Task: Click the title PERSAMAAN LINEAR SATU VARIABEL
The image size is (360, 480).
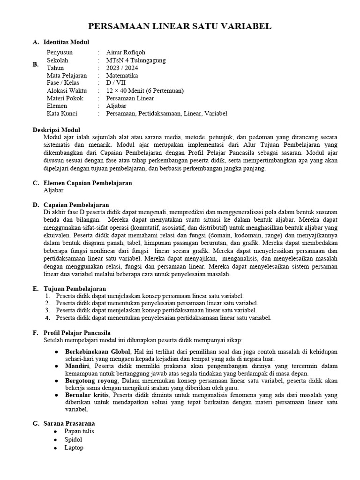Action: pos(180,27)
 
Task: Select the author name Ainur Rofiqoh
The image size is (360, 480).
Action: pos(126,52)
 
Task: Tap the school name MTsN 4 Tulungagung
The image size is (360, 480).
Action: pos(135,60)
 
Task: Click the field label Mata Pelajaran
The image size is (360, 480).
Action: pos(66,75)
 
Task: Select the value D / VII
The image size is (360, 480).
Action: pos(116,83)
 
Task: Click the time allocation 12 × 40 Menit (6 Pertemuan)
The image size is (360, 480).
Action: pos(145,90)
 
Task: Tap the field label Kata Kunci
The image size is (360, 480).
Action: pos(62,113)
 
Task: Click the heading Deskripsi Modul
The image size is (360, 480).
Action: pos(56,130)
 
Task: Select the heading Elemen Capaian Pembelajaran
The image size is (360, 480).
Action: pos(87,183)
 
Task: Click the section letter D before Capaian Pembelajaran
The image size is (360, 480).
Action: pos(35,205)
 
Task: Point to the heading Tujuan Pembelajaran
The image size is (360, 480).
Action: pos(75,289)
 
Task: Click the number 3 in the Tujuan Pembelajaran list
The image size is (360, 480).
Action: pos(47,310)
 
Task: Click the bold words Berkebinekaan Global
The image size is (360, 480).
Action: pos(92,352)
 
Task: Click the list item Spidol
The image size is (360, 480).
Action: pos(74,440)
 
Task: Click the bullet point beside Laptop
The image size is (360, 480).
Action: pos(55,448)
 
